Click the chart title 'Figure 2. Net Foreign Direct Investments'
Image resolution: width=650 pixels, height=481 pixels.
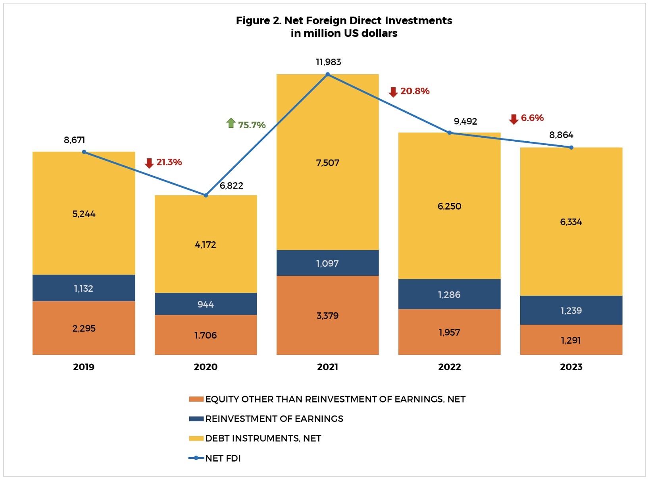(344, 21)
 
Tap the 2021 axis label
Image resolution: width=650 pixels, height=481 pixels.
(327, 367)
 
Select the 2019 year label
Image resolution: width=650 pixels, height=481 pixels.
(84, 367)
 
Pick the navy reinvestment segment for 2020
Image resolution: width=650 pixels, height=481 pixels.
(206, 304)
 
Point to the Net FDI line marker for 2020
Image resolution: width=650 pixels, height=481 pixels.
(206, 195)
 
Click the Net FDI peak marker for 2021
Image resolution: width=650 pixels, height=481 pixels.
(327, 74)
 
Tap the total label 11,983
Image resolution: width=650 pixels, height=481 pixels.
(328, 62)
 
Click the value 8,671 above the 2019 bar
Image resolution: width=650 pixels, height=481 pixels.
(74, 140)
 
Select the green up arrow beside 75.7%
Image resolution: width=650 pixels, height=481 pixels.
(231, 123)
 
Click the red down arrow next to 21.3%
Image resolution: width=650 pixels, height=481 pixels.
(149, 163)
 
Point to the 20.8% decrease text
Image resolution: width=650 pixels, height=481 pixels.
(415, 91)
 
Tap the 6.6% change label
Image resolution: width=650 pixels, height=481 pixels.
(532, 118)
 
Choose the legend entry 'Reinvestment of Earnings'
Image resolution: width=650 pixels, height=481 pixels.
(274, 419)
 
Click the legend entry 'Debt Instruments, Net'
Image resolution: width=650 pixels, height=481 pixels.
(263, 438)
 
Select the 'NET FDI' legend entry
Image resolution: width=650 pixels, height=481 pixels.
(223, 458)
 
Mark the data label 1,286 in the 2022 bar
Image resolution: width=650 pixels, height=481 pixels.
(449, 294)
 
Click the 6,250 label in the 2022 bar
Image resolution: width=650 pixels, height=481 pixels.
(449, 206)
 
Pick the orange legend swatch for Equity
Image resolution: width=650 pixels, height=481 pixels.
(196, 399)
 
